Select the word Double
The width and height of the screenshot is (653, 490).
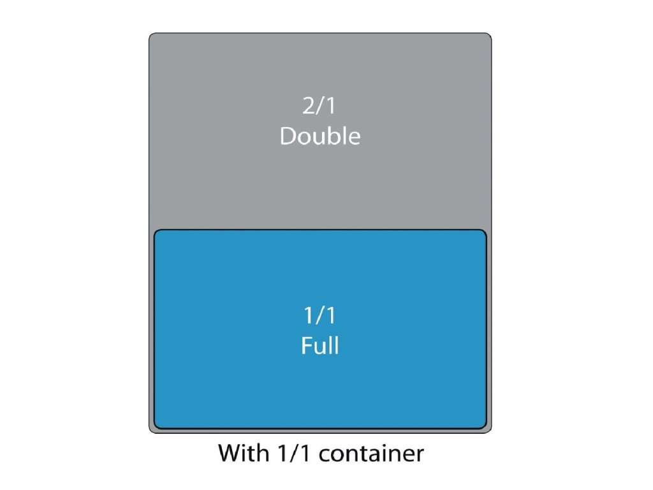point(319,136)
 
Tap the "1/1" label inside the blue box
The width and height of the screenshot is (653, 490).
point(319,316)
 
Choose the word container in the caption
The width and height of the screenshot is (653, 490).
point(371,454)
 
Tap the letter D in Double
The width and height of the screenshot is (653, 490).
point(288,136)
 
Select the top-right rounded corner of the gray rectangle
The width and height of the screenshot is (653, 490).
point(488,36)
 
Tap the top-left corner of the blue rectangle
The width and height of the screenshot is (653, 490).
point(157,232)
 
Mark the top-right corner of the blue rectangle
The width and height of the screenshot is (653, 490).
point(483,232)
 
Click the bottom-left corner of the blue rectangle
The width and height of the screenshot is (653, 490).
point(157,426)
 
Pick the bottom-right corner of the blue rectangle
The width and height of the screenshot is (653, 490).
point(483,426)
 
